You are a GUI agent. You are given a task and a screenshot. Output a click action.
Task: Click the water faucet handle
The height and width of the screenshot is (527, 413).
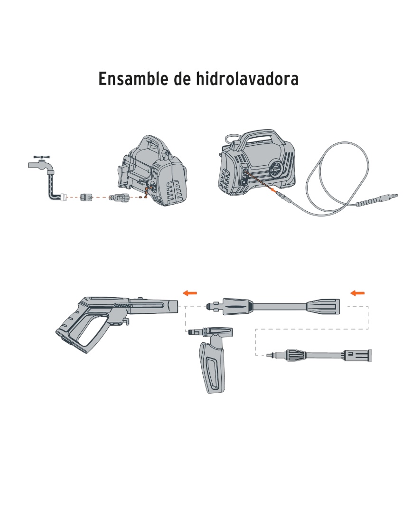click(x=42, y=157)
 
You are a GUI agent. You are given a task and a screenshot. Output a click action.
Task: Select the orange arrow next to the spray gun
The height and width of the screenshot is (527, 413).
click(x=190, y=293)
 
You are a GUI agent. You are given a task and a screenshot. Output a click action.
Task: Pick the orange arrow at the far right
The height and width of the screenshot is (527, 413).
click(x=357, y=293)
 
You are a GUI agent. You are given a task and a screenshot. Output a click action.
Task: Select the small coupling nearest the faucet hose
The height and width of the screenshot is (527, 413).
click(x=86, y=197)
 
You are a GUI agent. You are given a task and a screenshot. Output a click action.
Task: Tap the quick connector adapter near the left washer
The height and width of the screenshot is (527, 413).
click(x=118, y=198)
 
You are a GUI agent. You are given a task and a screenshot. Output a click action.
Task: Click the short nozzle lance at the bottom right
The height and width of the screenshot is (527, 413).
click(x=319, y=355)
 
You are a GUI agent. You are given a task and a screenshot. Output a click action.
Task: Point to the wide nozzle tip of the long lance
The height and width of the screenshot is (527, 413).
click(x=323, y=307)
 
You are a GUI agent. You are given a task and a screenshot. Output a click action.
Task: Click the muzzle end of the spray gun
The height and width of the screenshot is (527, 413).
click(x=172, y=305)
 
